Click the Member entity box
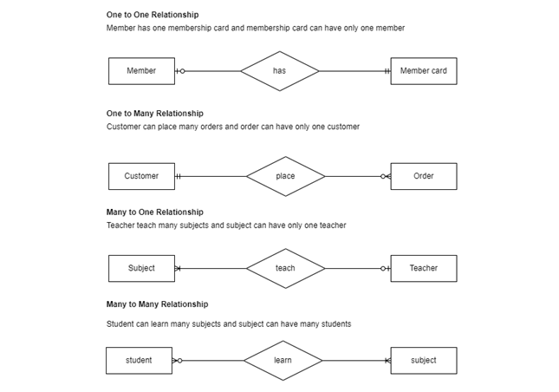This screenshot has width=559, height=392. click(x=141, y=71)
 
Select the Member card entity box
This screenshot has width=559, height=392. click(x=423, y=71)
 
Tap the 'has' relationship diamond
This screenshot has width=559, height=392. click(x=279, y=71)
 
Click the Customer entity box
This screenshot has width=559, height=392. click(x=141, y=176)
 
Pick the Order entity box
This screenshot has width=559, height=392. click(x=423, y=176)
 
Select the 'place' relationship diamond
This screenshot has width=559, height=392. click(x=285, y=176)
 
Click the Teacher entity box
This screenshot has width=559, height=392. click(x=423, y=268)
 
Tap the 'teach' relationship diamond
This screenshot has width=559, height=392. click(x=285, y=268)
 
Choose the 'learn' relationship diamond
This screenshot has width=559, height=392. click(x=283, y=360)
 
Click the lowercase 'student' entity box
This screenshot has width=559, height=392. click(x=139, y=360)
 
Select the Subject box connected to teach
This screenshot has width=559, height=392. click(x=141, y=268)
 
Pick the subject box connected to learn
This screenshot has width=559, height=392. click(x=423, y=360)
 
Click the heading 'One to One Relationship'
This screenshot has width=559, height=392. click(x=152, y=15)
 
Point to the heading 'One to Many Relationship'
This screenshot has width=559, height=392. click(x=154, y=114)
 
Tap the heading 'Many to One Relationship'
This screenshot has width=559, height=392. click(x=154, y=212)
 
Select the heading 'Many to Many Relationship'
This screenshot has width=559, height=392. click(x=157, y=304)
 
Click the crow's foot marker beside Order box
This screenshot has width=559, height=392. click(x=386, y=176)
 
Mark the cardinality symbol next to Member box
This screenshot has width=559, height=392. click(x=179, y=71)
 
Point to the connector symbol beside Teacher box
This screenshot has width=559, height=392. click(x=386, y=268)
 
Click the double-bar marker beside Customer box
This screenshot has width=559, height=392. click(x=179, y=176)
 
